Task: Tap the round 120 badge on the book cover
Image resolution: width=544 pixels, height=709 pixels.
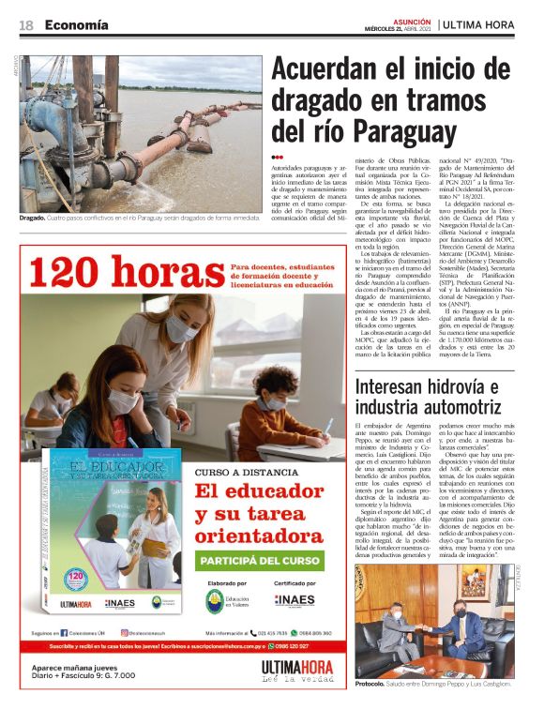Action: point(77,578)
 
